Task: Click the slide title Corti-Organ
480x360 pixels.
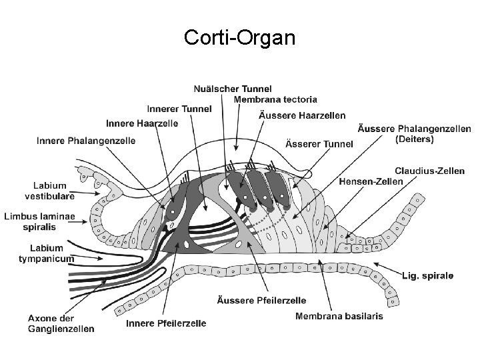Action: (240, 38)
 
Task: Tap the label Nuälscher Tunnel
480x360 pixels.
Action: (233, 89)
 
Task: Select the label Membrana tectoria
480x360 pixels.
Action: (275, 99)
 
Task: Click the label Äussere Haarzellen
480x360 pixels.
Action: (301, 115)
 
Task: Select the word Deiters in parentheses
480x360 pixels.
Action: (414, 139)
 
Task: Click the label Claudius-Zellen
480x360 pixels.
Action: (429, 171)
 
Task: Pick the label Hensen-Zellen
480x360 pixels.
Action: (371, 181)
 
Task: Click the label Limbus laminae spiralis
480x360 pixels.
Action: (39, 221)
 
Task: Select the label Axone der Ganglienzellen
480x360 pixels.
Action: (61, 323)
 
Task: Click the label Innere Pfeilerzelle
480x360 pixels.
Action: (166, 323)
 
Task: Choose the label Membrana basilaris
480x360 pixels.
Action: (339, 316)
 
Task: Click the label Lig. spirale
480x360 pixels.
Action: (428, 275)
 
